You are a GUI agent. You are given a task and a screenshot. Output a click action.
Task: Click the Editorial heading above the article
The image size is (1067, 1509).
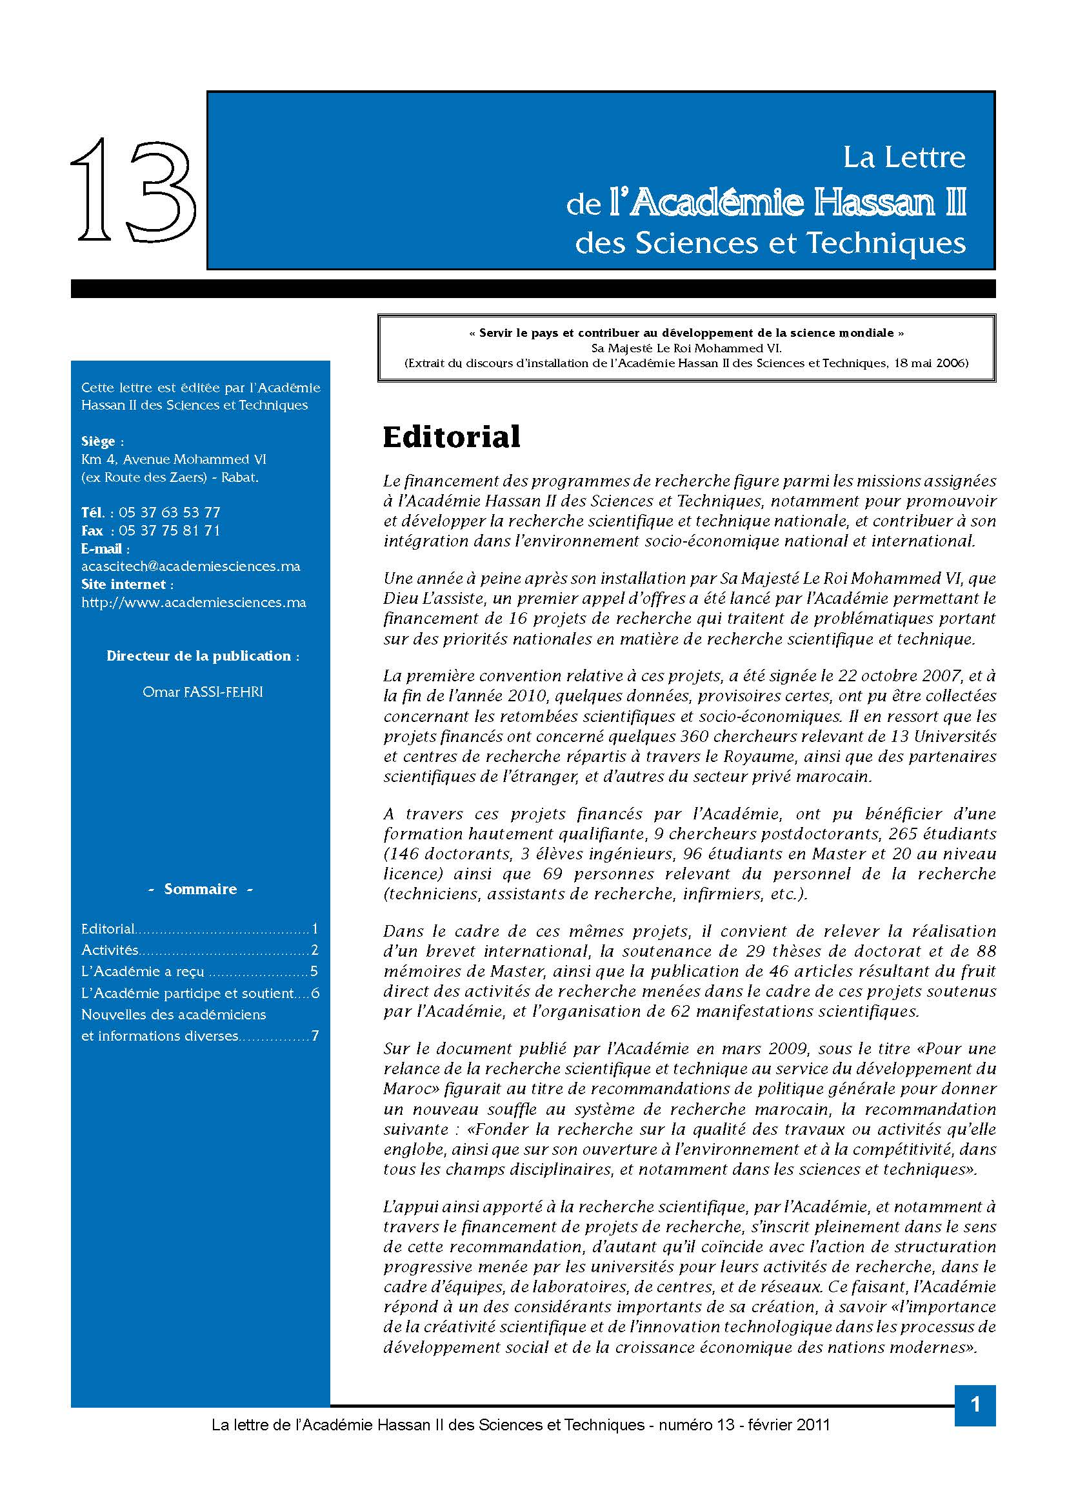coord(452,437)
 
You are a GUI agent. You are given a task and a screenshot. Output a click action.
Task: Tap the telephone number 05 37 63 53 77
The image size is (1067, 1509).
coord(170,513)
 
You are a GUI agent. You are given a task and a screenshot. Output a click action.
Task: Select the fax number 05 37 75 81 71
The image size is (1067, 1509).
coord(170,530)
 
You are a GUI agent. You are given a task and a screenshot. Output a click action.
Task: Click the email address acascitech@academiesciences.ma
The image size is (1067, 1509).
coord(190,566)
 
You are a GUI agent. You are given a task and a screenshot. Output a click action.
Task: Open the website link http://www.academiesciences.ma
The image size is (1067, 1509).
coord(194,602)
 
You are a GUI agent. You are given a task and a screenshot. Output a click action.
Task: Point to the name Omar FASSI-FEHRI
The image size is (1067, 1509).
coord(203,692)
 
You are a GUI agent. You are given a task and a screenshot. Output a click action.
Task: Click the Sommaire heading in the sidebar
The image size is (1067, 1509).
coord(201,889)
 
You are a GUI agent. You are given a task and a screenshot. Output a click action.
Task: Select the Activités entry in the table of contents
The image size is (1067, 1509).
coord(110,950)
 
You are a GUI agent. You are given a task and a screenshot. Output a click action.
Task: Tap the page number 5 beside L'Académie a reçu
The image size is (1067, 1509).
coord(314,972)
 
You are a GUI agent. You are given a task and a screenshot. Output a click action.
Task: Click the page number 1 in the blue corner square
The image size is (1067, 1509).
coord(975,1405)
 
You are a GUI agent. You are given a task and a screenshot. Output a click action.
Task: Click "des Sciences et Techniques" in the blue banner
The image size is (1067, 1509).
coord(770,243)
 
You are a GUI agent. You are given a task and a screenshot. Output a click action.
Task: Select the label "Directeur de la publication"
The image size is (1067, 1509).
coord(199,656)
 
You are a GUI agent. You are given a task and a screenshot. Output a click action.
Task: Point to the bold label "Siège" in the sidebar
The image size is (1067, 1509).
coord(99,442)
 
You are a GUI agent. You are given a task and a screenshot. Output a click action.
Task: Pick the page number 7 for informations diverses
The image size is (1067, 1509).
coord(315,1037)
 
